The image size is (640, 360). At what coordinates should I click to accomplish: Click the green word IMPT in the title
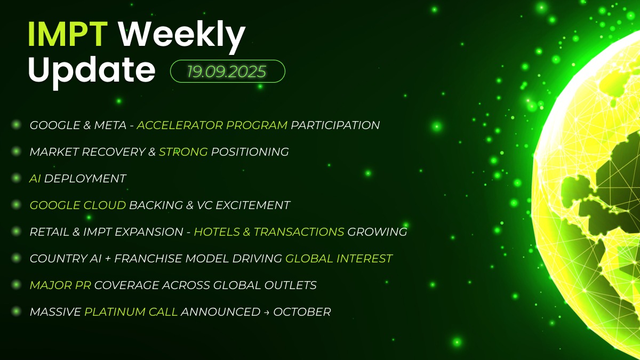[x=68, y=34]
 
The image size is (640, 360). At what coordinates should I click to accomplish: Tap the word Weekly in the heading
[x=182, y=37]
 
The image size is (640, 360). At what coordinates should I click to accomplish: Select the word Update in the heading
[x=92, y=71]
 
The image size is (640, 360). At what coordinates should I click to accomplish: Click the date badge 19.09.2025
[x=227, y=71]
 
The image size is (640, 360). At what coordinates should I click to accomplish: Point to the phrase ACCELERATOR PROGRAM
[x=212, y=125]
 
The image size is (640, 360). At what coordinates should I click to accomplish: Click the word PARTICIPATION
[x=335, y=125]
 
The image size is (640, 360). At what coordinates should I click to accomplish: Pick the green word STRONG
[x=183, y=151]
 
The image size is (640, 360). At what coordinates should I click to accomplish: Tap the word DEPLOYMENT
[x=85, y=179]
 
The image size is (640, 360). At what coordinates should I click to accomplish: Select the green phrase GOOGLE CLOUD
[x=78, y=205]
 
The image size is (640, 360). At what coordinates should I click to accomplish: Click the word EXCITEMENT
[x=253, y=205]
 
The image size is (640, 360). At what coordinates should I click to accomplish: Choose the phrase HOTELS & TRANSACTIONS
[x=269, y=231]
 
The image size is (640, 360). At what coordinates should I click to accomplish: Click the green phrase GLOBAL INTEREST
[x=339, y=259]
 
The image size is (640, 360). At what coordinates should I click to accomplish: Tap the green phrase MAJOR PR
[x=60, y=285]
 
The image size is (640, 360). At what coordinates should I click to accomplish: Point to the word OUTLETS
[x=290, y=285]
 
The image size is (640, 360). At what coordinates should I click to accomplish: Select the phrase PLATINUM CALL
[x=131, y=311]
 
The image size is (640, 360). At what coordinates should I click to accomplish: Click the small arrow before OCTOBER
[x=267, y=313]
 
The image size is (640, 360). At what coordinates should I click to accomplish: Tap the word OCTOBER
[x=302, y=311]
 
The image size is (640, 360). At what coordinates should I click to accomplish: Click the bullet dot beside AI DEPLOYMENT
[x=17, y=178]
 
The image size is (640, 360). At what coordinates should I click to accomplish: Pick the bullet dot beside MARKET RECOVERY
[x=17, y=151]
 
